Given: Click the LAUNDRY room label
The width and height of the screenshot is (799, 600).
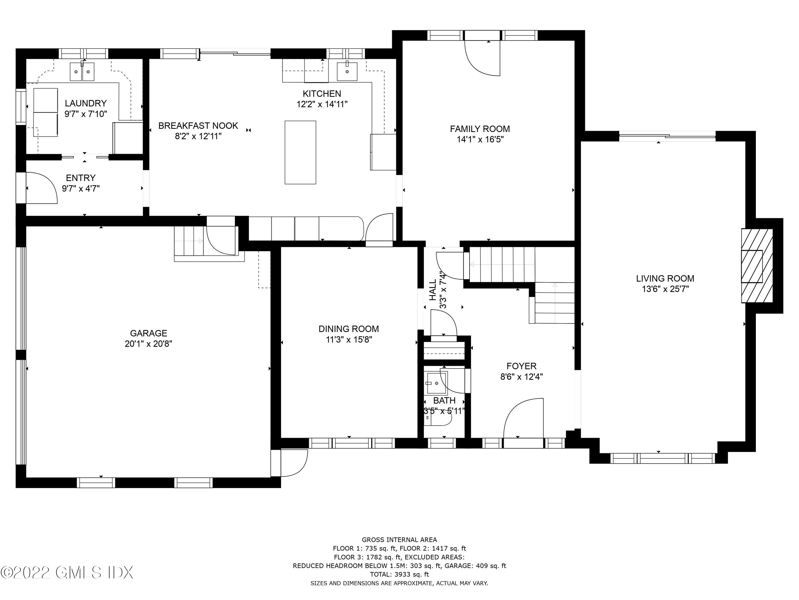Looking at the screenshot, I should (x=85, y=103).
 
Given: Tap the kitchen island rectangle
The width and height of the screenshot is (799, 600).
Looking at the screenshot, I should (x=300, y=152).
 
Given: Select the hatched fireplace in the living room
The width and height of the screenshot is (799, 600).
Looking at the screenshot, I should (x=757, y=265).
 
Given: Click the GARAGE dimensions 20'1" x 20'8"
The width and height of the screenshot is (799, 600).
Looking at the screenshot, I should (x=148, y=343).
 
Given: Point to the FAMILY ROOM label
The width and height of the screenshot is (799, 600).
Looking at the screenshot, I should (x=480, y=129).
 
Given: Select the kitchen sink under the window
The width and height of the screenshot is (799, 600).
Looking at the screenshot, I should (x=347, y=72).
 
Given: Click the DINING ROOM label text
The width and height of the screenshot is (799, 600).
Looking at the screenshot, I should (x=349, y=329).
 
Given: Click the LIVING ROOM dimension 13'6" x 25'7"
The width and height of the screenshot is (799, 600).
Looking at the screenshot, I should (x=665, y=289).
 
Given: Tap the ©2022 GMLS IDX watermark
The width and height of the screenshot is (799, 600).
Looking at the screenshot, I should (x=67, y=573).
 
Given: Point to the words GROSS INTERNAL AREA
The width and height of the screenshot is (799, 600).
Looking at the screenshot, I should (x=399, y=540).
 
